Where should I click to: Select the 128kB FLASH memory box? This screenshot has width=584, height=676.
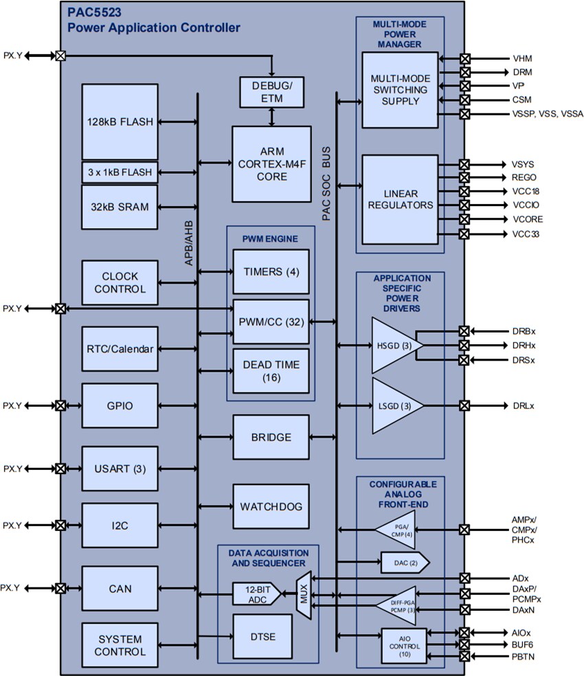pyautogui.click(x=120, y=122)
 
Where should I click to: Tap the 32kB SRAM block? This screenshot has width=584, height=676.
pyautogui.click(x=120, y=206)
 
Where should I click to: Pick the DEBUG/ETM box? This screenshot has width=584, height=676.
pyautogui.click(x=272, y=92)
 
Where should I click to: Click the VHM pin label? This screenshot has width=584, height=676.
pyautogui.click(x=522, y=58)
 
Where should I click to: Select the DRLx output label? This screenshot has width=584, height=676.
pyautogui.click(x=524, y=405)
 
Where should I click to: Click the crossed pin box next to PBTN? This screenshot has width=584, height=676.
pyautogui.click(x=464, y=657)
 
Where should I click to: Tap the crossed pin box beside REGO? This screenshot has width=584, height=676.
pyautogui.click(x=464, y=177)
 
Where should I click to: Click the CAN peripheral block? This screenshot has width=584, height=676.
pyautogui.click(x=120, y=589)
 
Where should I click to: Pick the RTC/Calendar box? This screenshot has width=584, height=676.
pyautogui.click(x=120, y=349)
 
